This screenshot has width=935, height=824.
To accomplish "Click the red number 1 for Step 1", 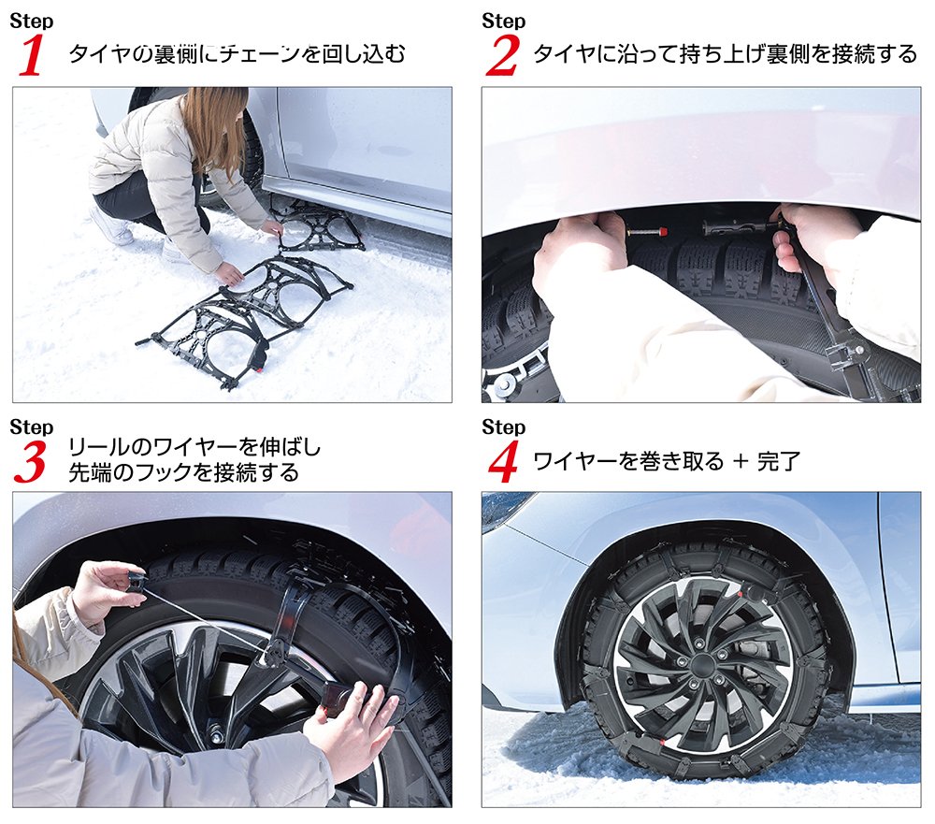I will click(32, 56).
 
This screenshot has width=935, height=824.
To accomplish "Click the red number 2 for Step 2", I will click(502, 56).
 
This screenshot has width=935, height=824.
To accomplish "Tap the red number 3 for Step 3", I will click(31, 462).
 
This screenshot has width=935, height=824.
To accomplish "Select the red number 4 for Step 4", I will click(502, 462).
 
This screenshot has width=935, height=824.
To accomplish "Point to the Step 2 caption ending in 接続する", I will click(725, 53).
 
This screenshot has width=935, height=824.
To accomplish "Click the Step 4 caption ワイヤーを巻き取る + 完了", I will click(666, 461).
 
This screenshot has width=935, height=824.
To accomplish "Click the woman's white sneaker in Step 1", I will click(111, 227).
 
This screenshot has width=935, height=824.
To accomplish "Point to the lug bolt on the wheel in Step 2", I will click(505, 383).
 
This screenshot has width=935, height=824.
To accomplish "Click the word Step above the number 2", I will click(504, 21).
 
